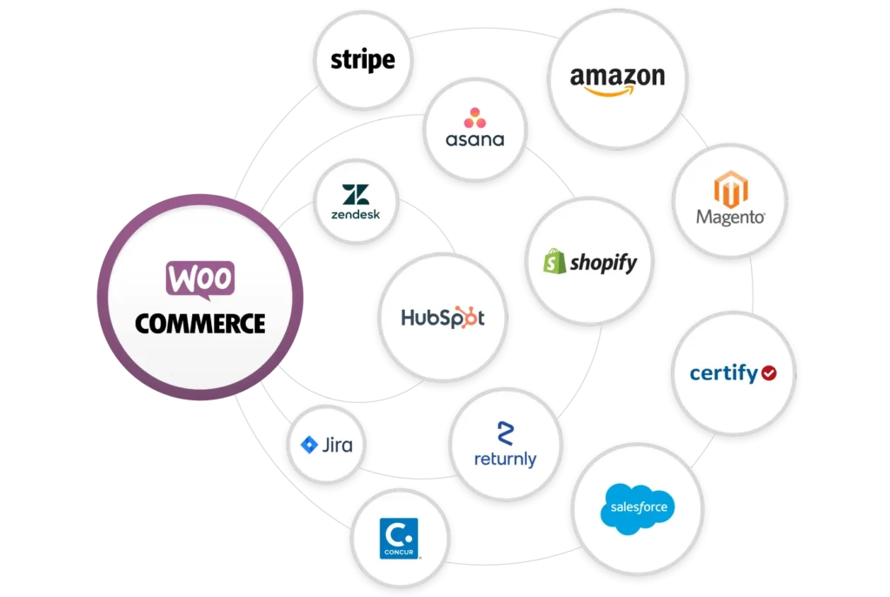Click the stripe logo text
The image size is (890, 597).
coord(362,60)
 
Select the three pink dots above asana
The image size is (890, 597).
coord(475,117)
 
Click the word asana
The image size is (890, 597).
coord(475,139)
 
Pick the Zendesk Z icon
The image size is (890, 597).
coord(355,196)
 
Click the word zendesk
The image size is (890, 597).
coord(355,213)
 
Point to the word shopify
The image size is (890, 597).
coord(603,262)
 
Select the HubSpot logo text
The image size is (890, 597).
coord(442,317)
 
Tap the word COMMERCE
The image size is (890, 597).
coord(200,324)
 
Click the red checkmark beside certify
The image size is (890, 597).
coord(768,373)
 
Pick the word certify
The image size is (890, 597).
coord(723,373)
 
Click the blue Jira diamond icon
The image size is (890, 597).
coord(309,446)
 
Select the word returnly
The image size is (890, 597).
coord(505,458)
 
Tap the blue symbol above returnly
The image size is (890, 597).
coord(505,433)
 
